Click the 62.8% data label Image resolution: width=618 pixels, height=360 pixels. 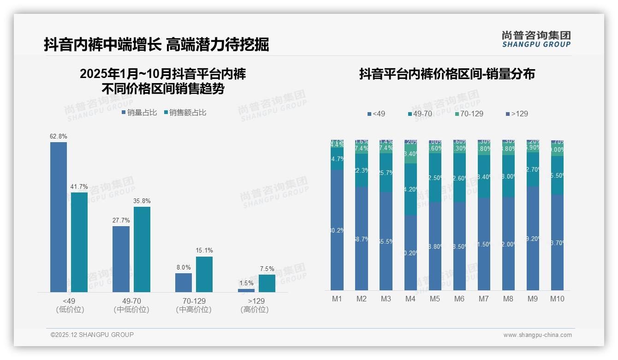[59, 136]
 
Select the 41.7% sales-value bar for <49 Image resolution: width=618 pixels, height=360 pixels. [79, 242]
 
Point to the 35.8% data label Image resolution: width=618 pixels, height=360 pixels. [142, 201]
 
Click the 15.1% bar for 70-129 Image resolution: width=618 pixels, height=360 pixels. [204, 274]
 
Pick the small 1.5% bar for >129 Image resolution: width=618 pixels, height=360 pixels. [246, 290]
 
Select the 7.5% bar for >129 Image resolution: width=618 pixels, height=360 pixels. [267, 283]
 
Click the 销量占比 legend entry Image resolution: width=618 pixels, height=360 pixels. [139, 112]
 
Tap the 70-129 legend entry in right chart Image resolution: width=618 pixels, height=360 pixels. [469, 114]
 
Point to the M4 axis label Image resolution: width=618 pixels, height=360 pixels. [410, 299]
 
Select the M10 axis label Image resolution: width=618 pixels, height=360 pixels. [557, 299]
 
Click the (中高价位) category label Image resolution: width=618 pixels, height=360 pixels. [194, 310]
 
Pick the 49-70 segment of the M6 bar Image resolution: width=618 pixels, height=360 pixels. [459, 177]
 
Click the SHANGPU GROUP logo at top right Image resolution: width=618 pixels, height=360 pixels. [536, 39]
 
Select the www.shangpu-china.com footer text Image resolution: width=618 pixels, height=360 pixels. [537, 335]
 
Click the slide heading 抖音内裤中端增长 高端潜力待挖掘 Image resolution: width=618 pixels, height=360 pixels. [156, 45]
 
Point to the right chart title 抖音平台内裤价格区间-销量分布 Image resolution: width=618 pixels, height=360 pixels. [447, 74]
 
